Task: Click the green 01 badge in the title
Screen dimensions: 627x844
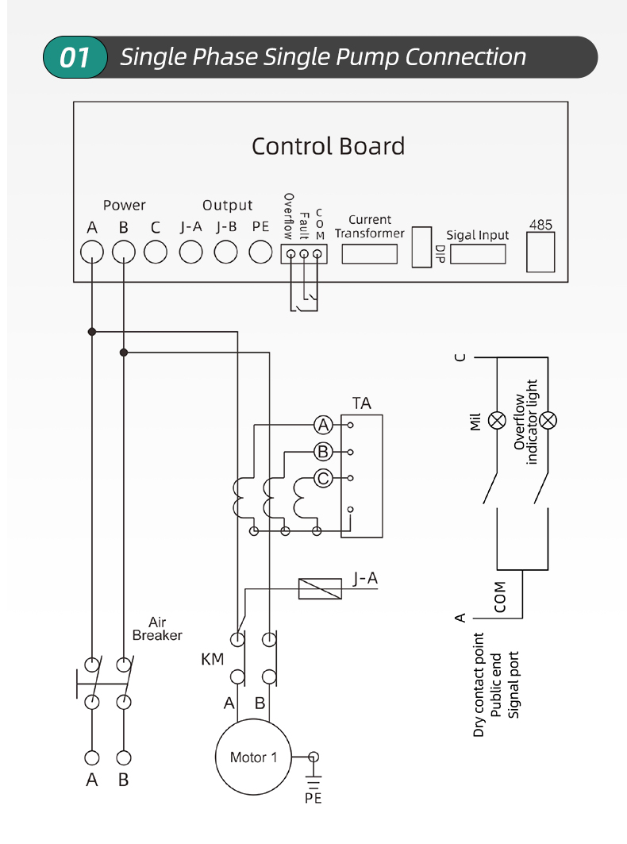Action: [x=75, y=57]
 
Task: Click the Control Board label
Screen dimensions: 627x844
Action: [x=328, y=146]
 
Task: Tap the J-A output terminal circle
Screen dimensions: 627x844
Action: [x=190, y=252]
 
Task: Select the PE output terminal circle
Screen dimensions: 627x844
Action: [x=260, y=252]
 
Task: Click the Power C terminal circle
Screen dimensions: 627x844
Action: [x=156, y=252]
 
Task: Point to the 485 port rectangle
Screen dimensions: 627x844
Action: [x=540, y=252]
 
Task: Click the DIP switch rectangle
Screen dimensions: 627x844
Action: [x=421, y=247]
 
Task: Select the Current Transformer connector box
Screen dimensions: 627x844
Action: [x=370, y=254]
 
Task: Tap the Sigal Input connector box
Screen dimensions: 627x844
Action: [x=478, y=254]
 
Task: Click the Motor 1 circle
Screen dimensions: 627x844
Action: [x=253, y=757]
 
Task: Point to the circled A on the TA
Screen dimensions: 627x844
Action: [x=324, y=426]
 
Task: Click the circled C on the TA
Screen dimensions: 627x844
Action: [x=324, y=478]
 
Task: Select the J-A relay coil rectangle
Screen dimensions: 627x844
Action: [x=320, y=589]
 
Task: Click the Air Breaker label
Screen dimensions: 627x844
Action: [x=157, y=629]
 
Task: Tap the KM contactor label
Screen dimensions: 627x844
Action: [x=212, y=659]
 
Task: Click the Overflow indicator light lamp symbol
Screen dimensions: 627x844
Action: [x=548, y=420]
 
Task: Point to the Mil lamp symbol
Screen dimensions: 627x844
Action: [x=497, y=420]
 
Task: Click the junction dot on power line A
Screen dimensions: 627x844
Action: [x=92, y=332]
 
